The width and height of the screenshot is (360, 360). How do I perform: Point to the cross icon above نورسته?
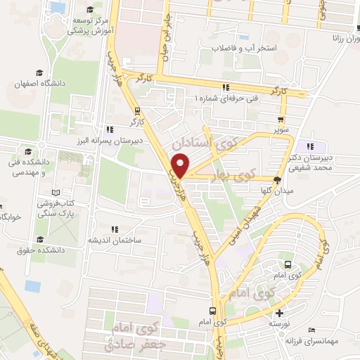(279, 313)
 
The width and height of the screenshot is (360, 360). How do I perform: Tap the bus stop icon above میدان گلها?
(287, 180)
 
